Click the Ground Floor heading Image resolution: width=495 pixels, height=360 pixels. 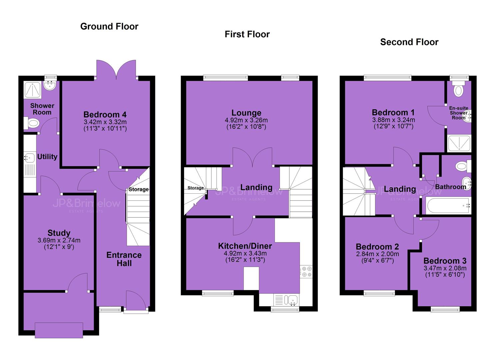(109, 27)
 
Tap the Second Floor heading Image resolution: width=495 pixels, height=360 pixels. (409, 42)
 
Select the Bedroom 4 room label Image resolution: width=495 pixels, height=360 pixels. (105, 114)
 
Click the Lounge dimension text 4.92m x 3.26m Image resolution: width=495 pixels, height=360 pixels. (246, 120)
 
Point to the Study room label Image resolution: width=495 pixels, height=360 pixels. (59, 233)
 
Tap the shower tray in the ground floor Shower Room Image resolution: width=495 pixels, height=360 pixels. (32, 90)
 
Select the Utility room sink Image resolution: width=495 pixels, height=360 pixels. (29, 158)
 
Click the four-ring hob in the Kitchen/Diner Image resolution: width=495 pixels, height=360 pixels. (306, 272)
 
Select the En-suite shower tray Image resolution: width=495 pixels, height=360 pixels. (459, 143)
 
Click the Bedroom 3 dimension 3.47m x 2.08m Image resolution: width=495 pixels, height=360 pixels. (445, 268)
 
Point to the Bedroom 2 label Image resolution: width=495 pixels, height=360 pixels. (377, 246)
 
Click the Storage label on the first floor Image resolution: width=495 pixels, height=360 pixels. (196, 188)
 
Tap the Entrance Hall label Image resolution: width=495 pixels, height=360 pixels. (124, 259)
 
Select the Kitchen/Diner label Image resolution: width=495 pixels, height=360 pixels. (245, 246)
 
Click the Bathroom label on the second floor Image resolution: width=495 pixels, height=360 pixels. (451, 187)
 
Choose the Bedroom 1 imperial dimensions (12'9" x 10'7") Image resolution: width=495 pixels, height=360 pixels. (393, 126)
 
